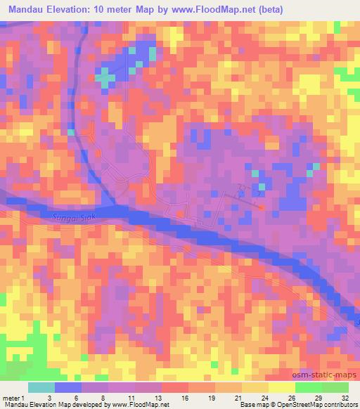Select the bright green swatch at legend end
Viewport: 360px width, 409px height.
pos(335,387)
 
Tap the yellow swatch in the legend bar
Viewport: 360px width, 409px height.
pos(281,387)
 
